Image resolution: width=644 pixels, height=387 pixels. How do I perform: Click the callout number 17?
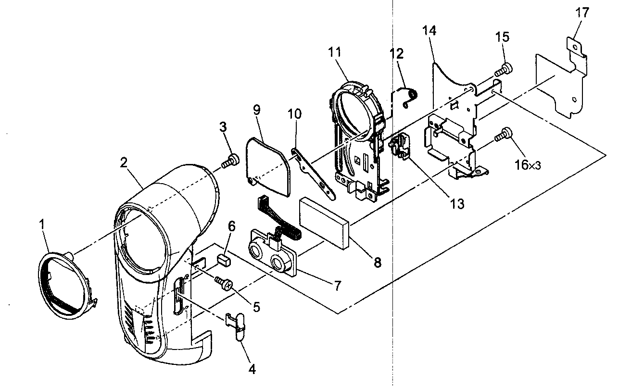(x=582, y=12)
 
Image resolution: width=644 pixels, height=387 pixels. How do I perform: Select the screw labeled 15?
(x=505, y=70)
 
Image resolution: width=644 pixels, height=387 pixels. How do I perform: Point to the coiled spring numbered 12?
(x=408, y=97)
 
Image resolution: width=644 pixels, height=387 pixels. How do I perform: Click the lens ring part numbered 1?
(x=65, y=286)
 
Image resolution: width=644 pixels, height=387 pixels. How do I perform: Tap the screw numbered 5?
(x=224, y=284)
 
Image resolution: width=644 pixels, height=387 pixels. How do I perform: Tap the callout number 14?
(x=429, y=31)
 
